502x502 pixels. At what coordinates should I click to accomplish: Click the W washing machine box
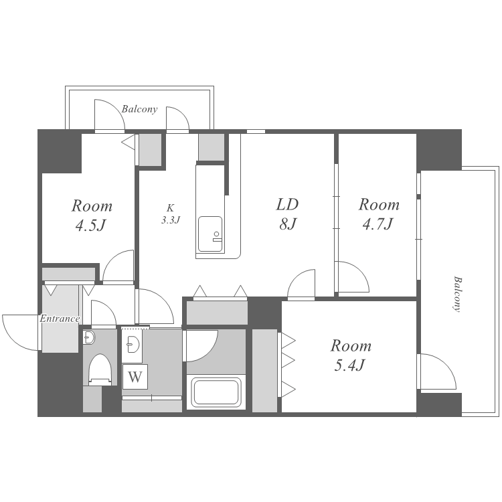click(x=135, y=377)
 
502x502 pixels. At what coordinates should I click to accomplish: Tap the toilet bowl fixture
click(x=100, y=369)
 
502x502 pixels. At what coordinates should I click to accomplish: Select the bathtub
click(x=216, y=392)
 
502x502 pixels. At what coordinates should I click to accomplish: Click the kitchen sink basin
click(x=210, y=234)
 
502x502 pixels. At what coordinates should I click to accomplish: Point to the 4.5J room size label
click(x=91, y=226)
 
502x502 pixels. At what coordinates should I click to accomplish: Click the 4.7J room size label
click(x=378, y=224)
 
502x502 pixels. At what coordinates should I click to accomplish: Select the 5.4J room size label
click(x=349, y=365)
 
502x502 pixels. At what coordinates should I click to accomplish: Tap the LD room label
click(x=287, y=204)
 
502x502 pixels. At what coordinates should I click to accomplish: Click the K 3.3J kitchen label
click(x=170, y=214)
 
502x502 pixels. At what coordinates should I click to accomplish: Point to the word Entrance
click(x=60, y=319)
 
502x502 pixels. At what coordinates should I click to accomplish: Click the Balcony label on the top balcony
click(x=140, y=109)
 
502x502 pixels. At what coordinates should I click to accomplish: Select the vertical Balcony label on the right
click(x=458, y=294)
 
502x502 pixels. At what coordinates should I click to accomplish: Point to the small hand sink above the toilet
click(x=88, y=337)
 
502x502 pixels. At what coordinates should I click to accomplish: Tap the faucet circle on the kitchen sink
click(x=216, y=234)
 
